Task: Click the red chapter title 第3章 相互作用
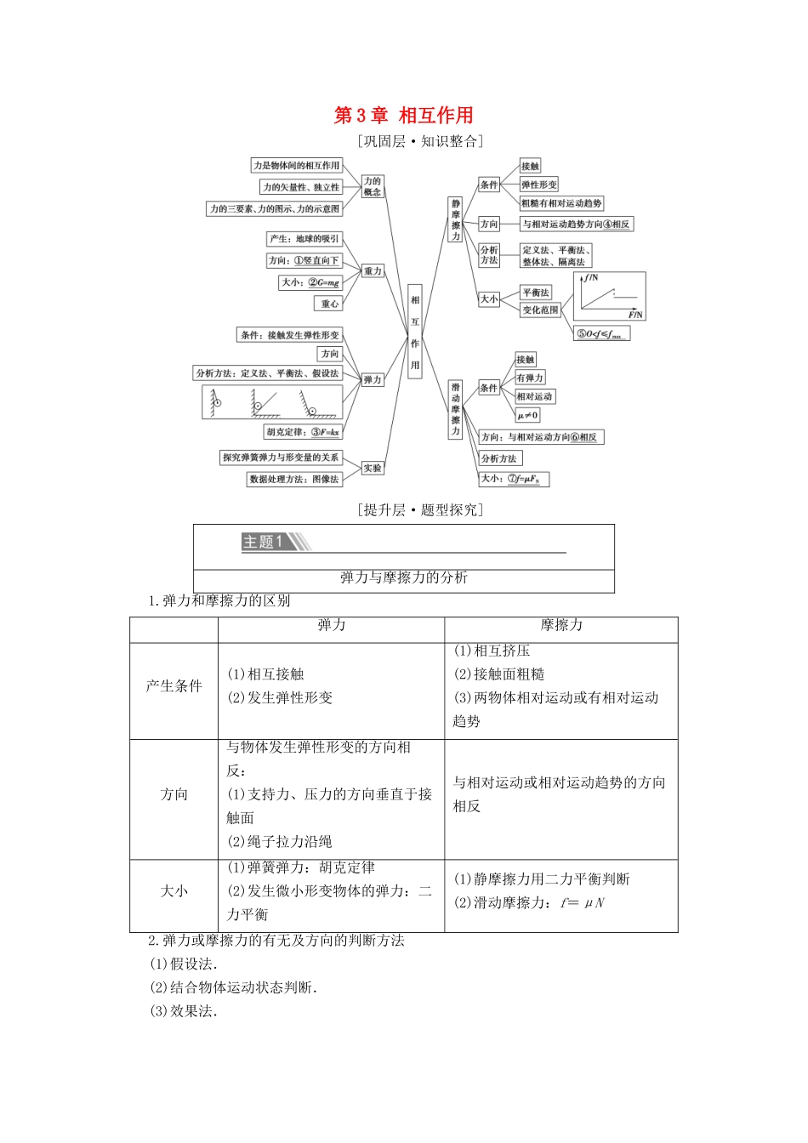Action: [403, 116]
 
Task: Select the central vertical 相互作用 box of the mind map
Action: [415, 331]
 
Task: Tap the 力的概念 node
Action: [373, 186]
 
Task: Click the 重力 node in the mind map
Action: [373, 271]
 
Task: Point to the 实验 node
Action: [373, 468]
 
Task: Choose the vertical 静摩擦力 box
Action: [456, 220]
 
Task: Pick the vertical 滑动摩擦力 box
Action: [456, 409]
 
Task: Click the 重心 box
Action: [329, 304]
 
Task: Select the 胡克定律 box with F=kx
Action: [302, 432]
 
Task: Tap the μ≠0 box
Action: [527, 415]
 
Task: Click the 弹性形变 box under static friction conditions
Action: [538, 185]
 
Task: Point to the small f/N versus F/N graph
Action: [609, 296]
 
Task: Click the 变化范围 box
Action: [540, 310]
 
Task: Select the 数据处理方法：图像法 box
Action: [293, 480]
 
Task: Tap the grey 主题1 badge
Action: [265, 542]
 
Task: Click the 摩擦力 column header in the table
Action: [561, 626]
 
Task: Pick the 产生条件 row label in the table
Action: [174, 686]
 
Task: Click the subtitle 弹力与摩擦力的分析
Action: [404, 578]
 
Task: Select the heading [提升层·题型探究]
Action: [420, 510]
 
